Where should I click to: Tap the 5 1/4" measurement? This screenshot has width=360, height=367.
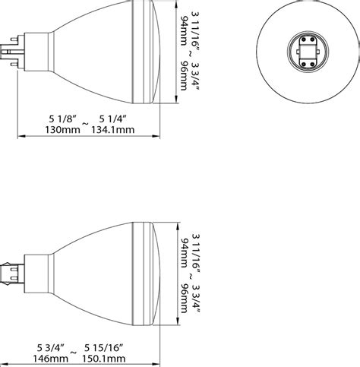pos(112,118)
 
